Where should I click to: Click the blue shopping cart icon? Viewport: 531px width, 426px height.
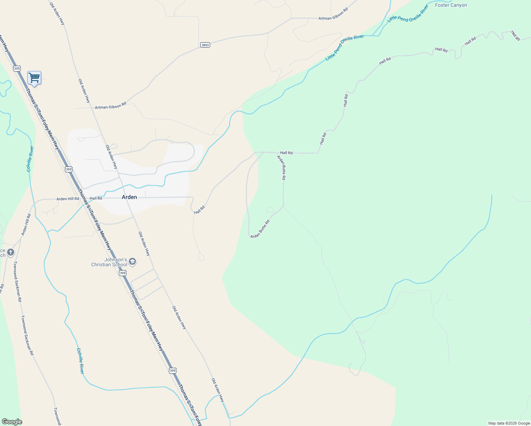pyautogui.click(x=34, y=78)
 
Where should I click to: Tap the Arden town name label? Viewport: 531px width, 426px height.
pyautogui.click(x=129, y=197)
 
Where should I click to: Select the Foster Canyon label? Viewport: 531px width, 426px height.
pyautogui.click(x=451, y=5)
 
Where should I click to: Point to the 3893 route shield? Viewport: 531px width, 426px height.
pyautogui.click(x=205, y=45)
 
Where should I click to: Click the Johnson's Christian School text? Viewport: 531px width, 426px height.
pyautogui.click(x=109, y=262)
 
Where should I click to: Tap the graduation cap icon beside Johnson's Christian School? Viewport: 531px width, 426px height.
pyautogui.click(x=132, y=262)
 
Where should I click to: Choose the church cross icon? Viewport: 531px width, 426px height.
pyautogui.click(x=11, y=252)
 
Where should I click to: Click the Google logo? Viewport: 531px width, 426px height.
pyautogui.click(x=12, y=422)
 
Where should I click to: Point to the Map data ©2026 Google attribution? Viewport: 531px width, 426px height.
pyautogui.click(x=509, y=423)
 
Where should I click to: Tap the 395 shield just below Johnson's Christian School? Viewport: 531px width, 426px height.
pyautogui.click(x=122, y=273)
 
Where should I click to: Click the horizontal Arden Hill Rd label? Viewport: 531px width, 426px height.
pyautogui.click(x=67, y=199)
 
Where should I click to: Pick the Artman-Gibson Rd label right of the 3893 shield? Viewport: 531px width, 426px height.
pyautogui.click(x=333, y=18)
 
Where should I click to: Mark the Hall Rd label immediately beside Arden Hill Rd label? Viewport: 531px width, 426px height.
pyautogui.click(x=96, y=198)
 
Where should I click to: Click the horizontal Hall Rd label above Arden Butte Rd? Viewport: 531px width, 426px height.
pyautogui.click(x=286, y=153)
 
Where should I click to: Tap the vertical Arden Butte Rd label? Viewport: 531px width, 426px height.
pyautogui.click(x=281, y=168)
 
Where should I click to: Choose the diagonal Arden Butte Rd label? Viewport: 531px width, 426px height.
pyautogui.click(x=260, y=229)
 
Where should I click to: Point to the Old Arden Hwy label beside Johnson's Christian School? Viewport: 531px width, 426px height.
pyautogui.click(x=144, y=244)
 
